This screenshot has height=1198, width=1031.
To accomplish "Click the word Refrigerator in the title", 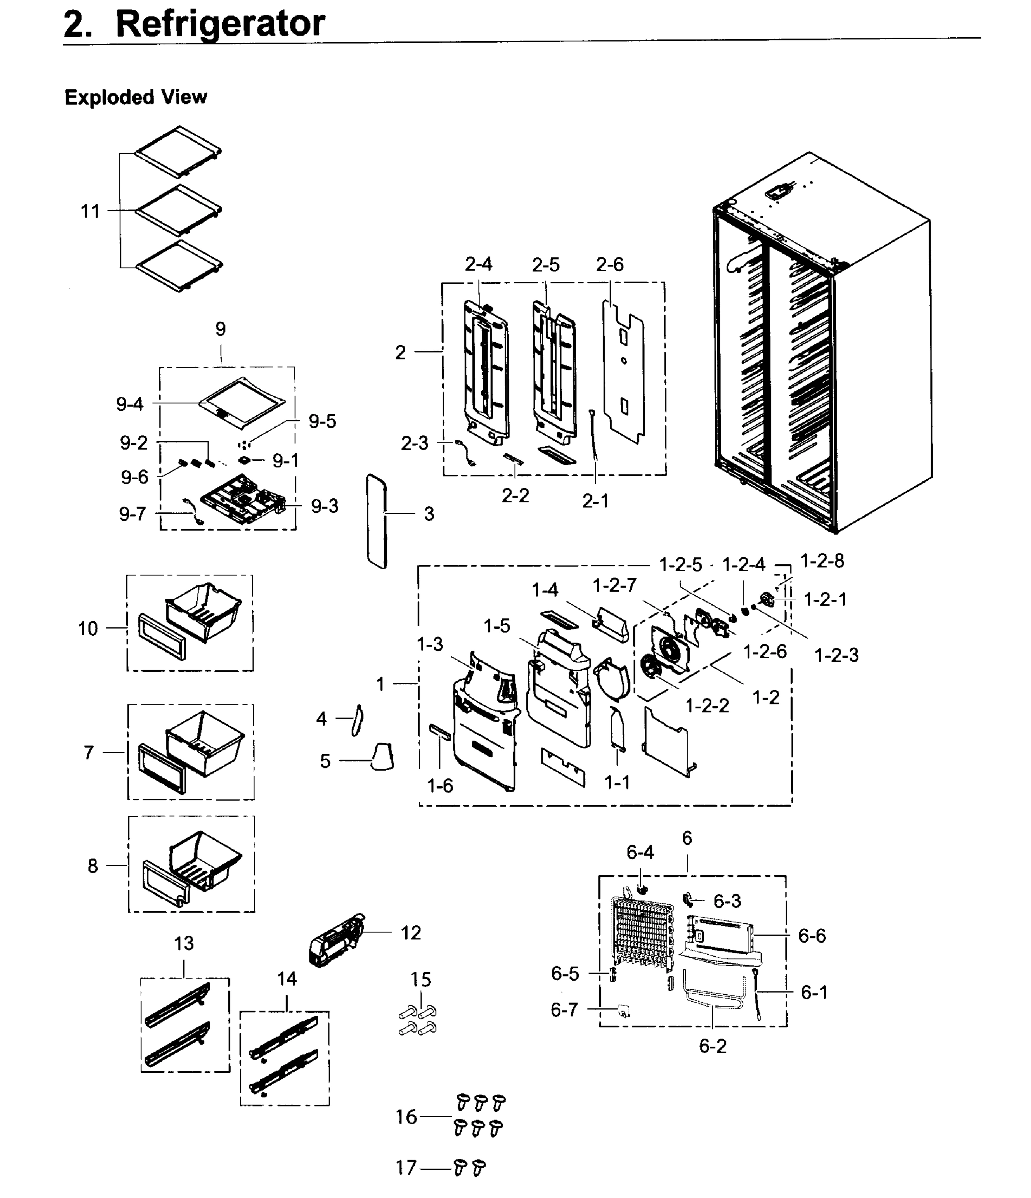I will [x=220, y=24].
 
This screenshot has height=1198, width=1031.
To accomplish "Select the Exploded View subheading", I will [x=135, y=97].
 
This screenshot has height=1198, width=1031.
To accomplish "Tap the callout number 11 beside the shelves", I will [x=90, y=212].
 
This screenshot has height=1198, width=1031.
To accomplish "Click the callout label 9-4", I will [x=129, y=404].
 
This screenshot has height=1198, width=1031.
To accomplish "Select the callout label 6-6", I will [x=812, y=936].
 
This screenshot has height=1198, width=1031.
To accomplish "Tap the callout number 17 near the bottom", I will [x=406, y=1168].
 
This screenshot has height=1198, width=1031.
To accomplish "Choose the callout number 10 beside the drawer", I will [x=88, y=628].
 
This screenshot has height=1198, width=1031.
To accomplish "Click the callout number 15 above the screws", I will [x=421, y=979].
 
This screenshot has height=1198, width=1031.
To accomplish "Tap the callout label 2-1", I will [x=595, y=501].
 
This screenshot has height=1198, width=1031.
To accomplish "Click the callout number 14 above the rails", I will [x=287, y=979].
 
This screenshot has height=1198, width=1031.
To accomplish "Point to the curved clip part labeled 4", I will [x=357, y=720].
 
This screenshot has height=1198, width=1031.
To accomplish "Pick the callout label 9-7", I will [x=132, y=514].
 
